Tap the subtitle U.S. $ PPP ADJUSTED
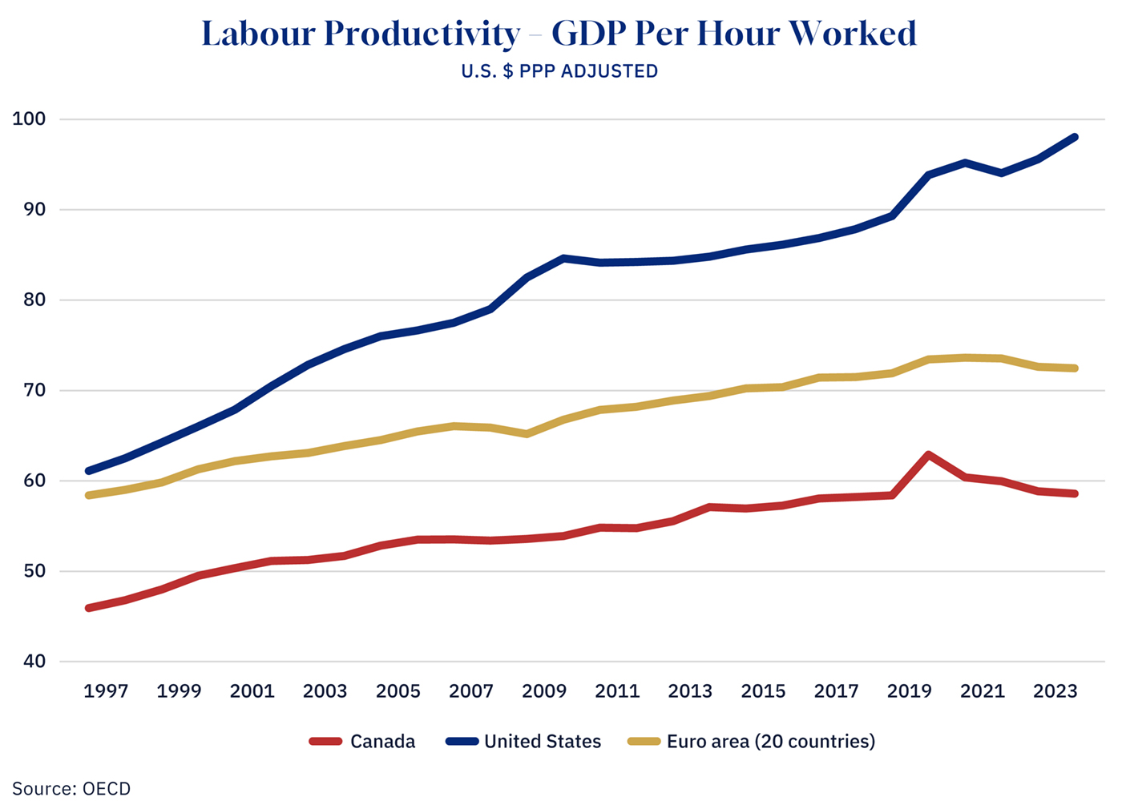click(x=559, y=71)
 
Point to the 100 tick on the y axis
click(x=30, y=119)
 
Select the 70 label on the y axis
click(x=30, y=391)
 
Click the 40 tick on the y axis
click(x=30, y=662)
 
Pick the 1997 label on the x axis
click(x=106, y=691)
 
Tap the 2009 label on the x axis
click(x=544, y=691)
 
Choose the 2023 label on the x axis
click(x=1055, y=691)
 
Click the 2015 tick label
click(x=763, y=691)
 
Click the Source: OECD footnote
click(x=71, y=789)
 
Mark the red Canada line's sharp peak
click(x=928, y=455)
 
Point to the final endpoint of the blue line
click(x=1074, y=138)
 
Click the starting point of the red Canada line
click(x=88, y=608)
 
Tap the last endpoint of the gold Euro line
click(x=1074, y=368)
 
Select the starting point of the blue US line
click(x=88, y=471)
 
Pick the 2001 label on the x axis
click(x=252, y=691)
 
